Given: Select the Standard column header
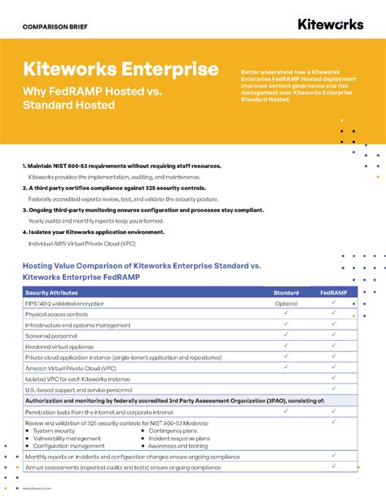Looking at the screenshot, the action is pos(286,292).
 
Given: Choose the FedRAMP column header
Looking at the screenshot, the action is pos(335,292).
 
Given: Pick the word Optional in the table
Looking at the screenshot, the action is pos(286,303).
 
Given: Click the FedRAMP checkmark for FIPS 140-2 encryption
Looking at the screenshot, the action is pos(335,303).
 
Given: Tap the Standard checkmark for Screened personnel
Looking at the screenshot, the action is pos(286,334).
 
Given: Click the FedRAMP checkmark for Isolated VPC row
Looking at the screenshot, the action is pos(335,378).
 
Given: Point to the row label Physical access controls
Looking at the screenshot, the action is pos(56,314).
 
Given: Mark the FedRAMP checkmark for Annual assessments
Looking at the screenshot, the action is pos(335,466).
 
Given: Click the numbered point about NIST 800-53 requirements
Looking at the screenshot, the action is pos(122,166).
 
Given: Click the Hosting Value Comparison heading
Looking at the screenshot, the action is pos(142,266).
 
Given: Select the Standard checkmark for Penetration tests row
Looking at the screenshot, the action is pos(286,412).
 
